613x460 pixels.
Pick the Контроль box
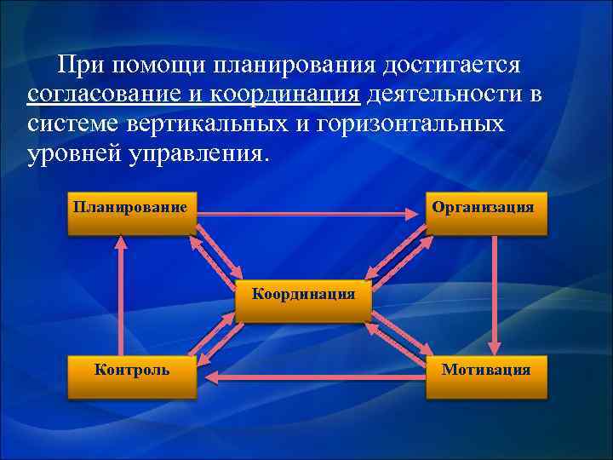(132, 376)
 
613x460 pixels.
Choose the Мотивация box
(485, 376)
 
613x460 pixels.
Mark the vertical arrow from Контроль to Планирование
(120, 294)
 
